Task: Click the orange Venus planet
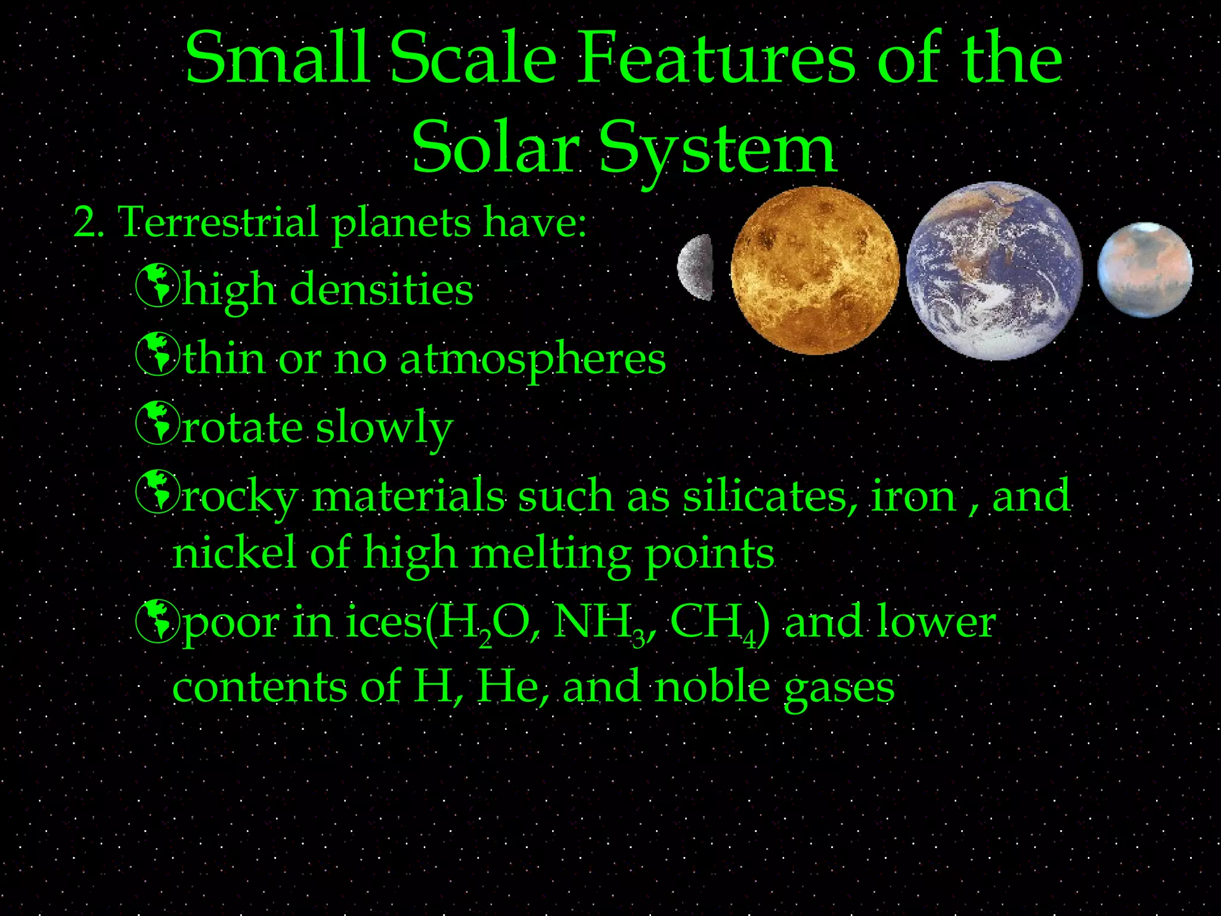(814, 270)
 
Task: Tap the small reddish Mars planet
(1145, 270)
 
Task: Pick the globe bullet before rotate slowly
(157, 423)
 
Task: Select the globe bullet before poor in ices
(157, 621)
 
